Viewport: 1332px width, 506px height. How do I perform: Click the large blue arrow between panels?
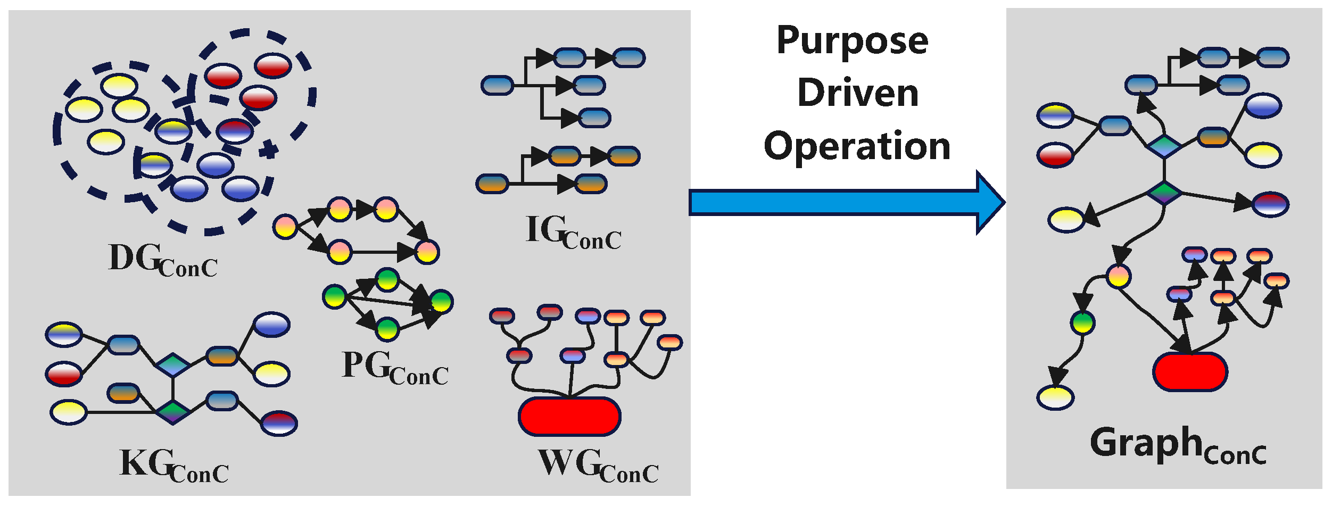[x=841, y=203]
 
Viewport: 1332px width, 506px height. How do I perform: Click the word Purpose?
[x=852, y=42]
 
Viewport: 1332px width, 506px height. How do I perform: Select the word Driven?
[x=858, y=93]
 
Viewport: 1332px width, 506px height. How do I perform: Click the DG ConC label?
[x=162, y=260]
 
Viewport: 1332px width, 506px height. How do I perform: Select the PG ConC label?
[x=394, y=368]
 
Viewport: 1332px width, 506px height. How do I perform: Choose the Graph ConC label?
[x=1177, y=445]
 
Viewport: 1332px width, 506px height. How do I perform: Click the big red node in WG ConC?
[x=569, y=416]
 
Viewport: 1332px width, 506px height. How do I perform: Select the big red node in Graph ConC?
[x=1190, y=371]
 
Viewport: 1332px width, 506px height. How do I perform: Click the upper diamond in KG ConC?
[x=173, y=365]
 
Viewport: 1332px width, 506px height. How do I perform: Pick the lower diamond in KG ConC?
[x=173, y=412]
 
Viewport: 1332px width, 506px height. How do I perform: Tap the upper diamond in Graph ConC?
[x=1164, y=146]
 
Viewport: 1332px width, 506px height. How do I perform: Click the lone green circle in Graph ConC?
[x=1083, y=322]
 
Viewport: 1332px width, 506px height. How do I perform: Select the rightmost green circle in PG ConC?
[x=441, y=302]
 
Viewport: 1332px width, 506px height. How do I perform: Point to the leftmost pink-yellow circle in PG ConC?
[x=285, y=227]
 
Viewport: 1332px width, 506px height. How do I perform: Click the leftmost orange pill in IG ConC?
[x=492, y=184]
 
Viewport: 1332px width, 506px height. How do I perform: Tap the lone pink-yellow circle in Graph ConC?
[x=1119, y=277]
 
